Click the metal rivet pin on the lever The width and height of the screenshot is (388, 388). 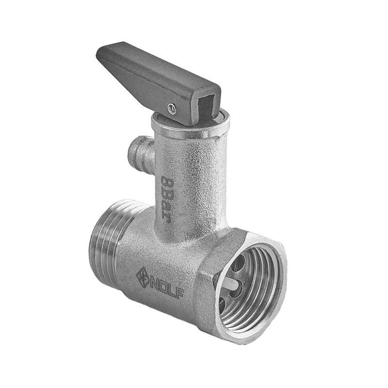click(172, 109)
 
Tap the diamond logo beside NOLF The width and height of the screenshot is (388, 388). click(143, 277)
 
